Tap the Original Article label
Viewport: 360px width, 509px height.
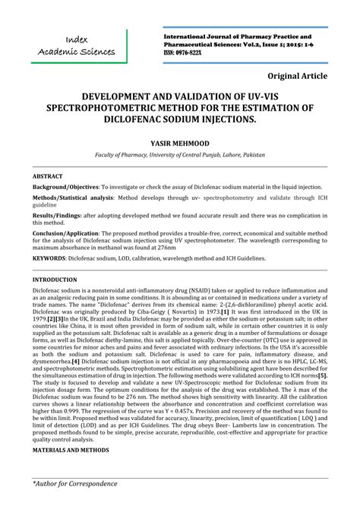[298, 76]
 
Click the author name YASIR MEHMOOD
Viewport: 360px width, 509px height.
[179, 143]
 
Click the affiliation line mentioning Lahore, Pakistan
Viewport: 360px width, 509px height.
[180, 154]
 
